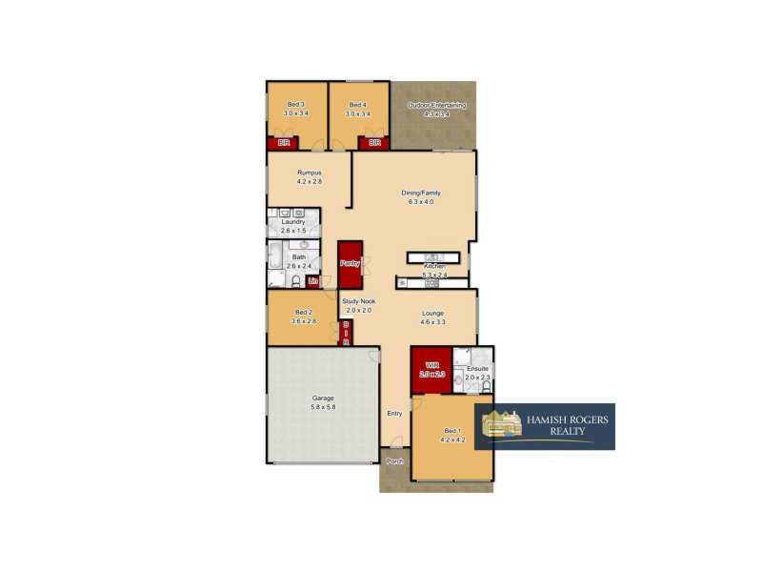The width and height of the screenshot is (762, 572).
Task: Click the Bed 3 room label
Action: pyautogui.click(x=295, y=105)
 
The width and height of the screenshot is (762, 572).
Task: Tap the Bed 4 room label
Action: pyautogui.click(x=357, y=105)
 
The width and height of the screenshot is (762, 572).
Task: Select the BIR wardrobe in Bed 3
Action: pyautogui.click(x=282, y=143)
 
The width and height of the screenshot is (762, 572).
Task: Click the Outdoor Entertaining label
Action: pyautogui.click(x=436, y=105)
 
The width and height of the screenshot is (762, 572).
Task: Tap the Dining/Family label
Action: pyautogui.click(x=420, y=193)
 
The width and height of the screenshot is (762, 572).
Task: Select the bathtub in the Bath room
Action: pyautogui.click(x=274, y=257)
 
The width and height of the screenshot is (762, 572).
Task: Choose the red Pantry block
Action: pyautogui.click(x=350, y=263)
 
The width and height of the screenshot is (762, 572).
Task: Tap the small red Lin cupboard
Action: pyautogui.click(x=311, y=281)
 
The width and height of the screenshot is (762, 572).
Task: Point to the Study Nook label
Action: pyautogui.click(x=359, y=301)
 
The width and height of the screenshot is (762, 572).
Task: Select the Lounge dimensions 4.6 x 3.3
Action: pyautogui.click(x=433, y=322)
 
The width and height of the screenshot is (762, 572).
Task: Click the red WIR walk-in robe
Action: pyautogui.click(x=431, y=367)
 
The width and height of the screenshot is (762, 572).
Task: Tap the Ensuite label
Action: pyautogui.click(x=477, y=368)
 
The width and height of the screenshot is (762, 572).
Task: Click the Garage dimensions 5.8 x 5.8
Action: pyautogui.click(x=324, y=407)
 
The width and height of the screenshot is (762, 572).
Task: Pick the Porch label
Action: pyautogui.click(x=394, y=461)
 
